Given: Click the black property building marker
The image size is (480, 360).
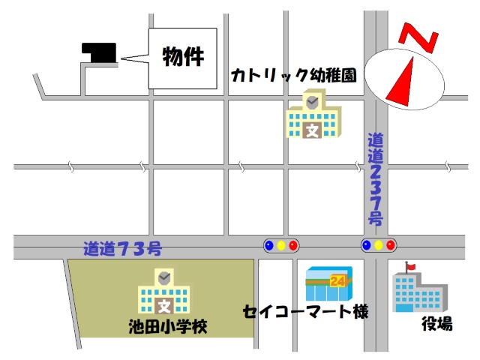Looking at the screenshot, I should tap(99, 52).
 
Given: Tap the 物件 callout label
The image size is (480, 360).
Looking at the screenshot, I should tap(183, 57).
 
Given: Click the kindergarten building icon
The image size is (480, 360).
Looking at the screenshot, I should tap(314, 115).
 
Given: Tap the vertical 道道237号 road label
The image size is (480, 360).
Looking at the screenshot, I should tap(376, 179).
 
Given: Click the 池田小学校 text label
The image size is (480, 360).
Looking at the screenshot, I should tap(167, 326).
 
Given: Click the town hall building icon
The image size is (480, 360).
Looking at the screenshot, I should tap(419, 291).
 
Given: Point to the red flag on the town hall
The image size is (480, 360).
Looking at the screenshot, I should tap(410, 265).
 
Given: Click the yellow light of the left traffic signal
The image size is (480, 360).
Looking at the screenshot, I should tap(281, 244).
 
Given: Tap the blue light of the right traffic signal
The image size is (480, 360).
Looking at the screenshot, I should tap(366, 244).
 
